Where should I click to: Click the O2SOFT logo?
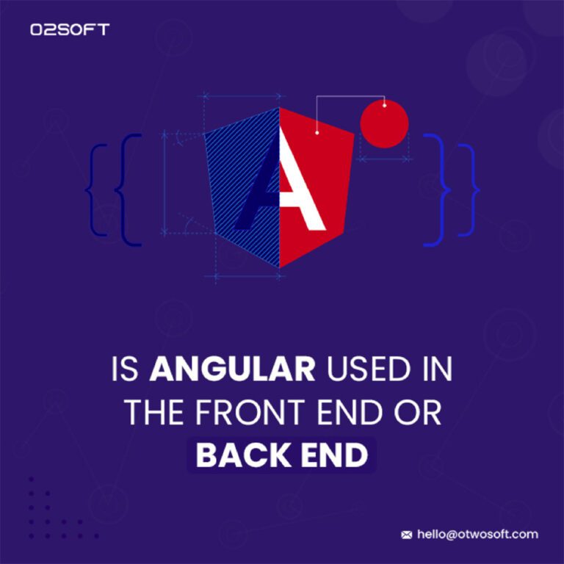[70, 29]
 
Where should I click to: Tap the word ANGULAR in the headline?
[232, 369]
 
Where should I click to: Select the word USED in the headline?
[371, 369]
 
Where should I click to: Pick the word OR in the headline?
[418, 412]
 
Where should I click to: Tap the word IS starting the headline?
[125, 369]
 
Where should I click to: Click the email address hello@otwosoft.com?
[477, 534]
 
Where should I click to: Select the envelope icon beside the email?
[406, 535]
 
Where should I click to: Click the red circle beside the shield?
[384, 123]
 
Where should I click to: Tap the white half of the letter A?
[300, 180]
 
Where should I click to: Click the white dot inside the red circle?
[385, 106]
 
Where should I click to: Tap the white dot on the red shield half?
[317, 133]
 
